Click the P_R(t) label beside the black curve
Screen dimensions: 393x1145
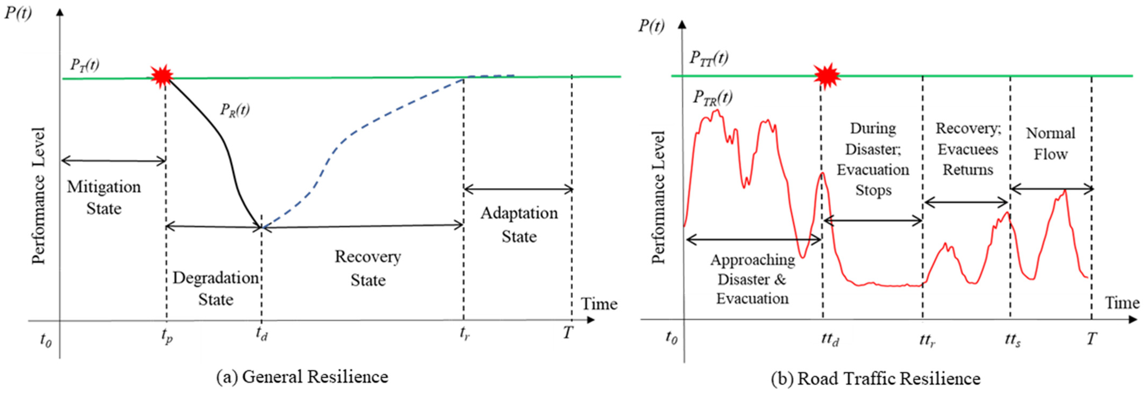click(235, 109)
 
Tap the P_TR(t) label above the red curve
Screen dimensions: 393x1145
click(712, 97)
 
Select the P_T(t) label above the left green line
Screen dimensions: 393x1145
click(84, 65)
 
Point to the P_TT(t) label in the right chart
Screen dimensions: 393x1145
click(709, 58)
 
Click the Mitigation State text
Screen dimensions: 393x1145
click(104, 197)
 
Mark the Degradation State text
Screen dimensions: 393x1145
click(216, 288)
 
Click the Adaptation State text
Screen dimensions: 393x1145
click(519, 224)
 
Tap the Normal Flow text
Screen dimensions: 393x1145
click(1050, 143)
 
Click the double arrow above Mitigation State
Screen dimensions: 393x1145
click(113, 161)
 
